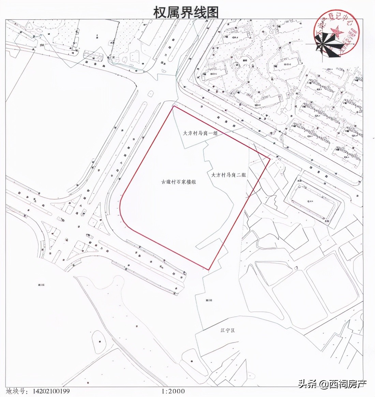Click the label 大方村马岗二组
[x=229, y=175]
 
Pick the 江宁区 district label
[x=228, y=331]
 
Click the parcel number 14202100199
[x=51, y=392]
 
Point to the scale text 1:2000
[x=173, y=392]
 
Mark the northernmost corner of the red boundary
[x=174, y=106]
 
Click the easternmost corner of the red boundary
[x=270, y=158]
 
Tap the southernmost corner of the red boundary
[x=209, y=270]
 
